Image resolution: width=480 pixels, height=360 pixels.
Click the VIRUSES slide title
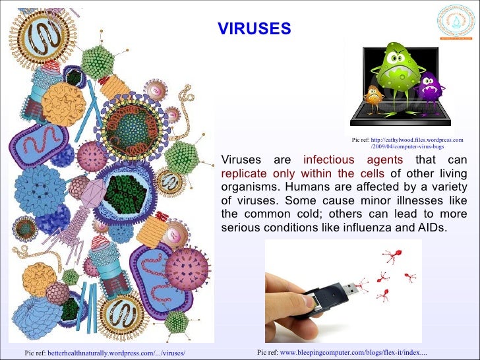[254, 28]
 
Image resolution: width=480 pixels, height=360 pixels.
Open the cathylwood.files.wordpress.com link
[416, 140]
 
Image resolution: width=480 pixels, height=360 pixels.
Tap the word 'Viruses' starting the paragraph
[241, 160]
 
